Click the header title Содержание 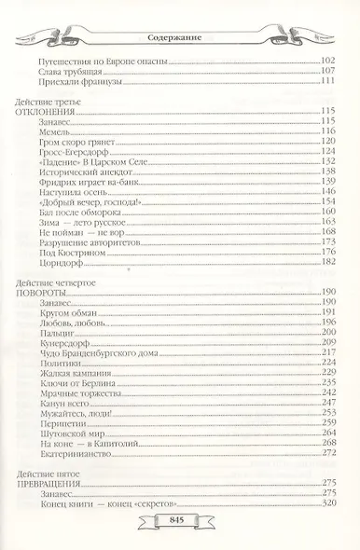point(180,37)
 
